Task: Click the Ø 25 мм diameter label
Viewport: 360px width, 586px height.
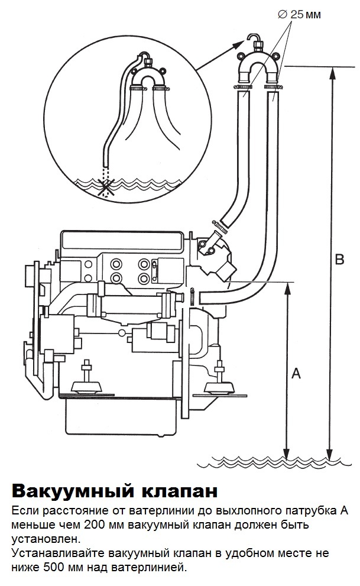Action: (x=300, y=15)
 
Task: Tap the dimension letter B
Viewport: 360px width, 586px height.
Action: (x=339, y=260)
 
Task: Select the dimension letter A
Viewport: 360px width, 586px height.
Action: (x=296, y=373)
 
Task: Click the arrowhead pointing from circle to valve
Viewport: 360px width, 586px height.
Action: (x=238, y=45)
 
